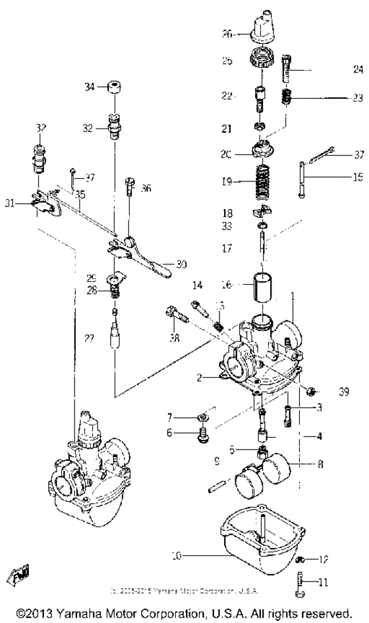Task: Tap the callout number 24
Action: pyautogui.click(x=358, y=68)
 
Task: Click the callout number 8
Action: pyautogui.click(x=321, y=464)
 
